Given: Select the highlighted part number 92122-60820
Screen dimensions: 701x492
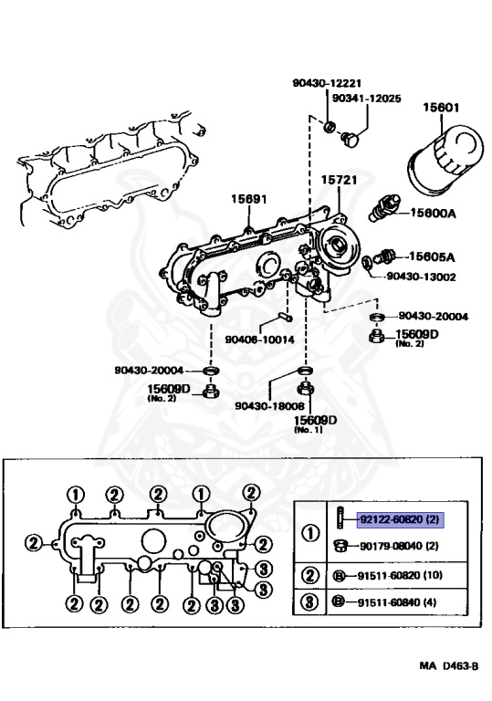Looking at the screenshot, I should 401,519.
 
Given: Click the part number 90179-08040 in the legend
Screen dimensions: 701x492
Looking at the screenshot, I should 400,546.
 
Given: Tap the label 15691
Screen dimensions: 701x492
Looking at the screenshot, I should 247,199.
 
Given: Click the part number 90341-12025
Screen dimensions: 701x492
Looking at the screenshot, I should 366,98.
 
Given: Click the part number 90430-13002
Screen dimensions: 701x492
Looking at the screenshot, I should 421,275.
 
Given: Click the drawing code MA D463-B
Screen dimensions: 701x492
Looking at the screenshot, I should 449,667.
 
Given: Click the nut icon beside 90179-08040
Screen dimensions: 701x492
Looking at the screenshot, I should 338,546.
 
